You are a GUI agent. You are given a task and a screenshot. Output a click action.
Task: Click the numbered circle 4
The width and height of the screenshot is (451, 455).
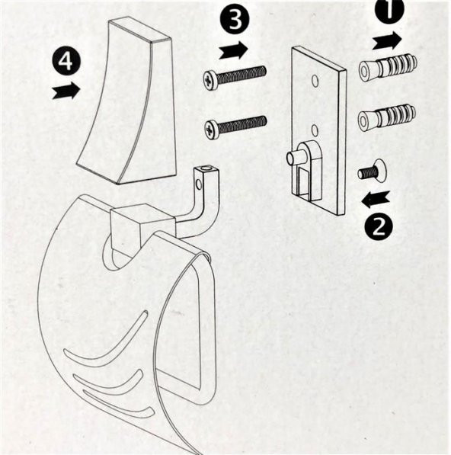[x=66, y=62]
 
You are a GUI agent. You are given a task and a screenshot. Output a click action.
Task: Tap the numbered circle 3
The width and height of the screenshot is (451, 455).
[x=235, y=20]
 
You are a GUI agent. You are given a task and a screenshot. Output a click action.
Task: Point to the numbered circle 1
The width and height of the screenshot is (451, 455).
[x=389, y=9]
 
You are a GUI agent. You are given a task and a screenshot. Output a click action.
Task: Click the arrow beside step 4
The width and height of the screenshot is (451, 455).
[x=66, y=91]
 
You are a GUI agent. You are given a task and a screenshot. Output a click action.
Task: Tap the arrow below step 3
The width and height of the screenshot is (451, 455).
[x=233, y=50]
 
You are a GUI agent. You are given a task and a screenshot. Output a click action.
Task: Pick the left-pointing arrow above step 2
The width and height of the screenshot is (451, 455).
[x=376, y=200]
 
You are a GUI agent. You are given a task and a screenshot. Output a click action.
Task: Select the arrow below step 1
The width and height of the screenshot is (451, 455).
[x=387, y=40]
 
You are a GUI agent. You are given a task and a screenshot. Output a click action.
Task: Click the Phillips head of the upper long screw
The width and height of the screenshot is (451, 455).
[x=209, y=79]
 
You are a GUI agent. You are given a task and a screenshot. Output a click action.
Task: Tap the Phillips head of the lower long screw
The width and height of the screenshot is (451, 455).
[x=210, y=129]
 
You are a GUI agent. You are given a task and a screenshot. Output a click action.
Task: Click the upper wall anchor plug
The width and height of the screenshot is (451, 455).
[x=388, y=69]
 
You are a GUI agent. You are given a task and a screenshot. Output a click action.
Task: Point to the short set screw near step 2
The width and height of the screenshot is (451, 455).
[x=373, y=171]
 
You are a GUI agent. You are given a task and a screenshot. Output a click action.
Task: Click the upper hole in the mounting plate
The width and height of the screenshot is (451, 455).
[x=315, y=81]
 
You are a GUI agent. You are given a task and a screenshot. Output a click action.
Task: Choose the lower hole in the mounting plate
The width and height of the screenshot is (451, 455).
[x=315, y=130]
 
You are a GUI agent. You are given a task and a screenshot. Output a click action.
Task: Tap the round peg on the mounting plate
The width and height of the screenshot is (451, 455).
[x=295, y=157]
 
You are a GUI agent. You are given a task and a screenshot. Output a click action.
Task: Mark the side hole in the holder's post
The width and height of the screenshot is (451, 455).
[x=199, y=184]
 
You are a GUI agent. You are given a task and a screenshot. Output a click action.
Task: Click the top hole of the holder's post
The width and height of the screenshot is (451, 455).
[x=207, y=168]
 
